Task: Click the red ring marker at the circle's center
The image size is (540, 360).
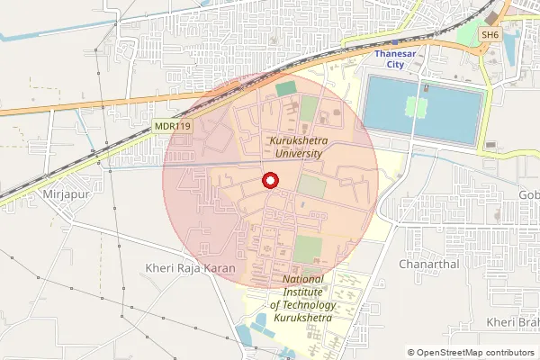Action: (x=269, y=181)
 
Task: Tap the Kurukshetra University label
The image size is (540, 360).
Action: (x=299, y=148)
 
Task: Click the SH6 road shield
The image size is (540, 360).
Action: (x=490, y=34)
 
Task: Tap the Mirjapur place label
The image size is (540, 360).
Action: (x=61, y=193)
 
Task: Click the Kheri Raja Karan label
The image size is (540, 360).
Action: (x=189, y=268)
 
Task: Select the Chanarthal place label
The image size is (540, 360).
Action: (x=428, y=265)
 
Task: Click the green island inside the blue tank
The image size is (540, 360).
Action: (x=415, y=108)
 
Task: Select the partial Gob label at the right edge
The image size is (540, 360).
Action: (x=528, y=194)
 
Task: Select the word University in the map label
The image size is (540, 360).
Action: (x=299, y=154)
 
